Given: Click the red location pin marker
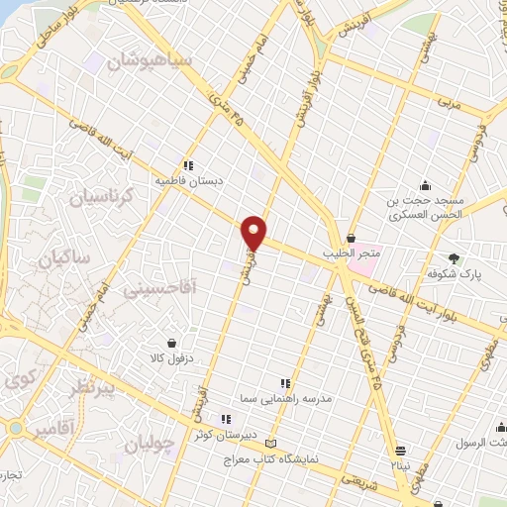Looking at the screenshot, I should [x=254, y=233].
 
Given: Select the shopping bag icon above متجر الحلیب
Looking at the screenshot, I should [x=353, y=236].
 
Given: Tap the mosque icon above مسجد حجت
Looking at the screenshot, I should [x=425, y=185].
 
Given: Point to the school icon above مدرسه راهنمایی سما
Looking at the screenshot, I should [x=285, y=383].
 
